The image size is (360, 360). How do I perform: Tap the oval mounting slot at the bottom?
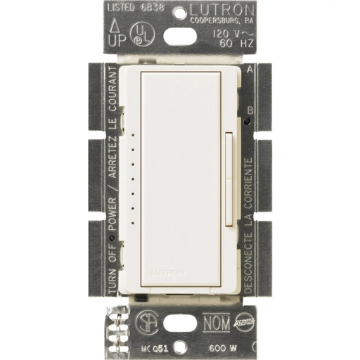[x=181, y=331]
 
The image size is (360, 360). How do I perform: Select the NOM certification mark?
[x=219, y=325]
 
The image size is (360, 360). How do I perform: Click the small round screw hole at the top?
[x=180, y=12]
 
